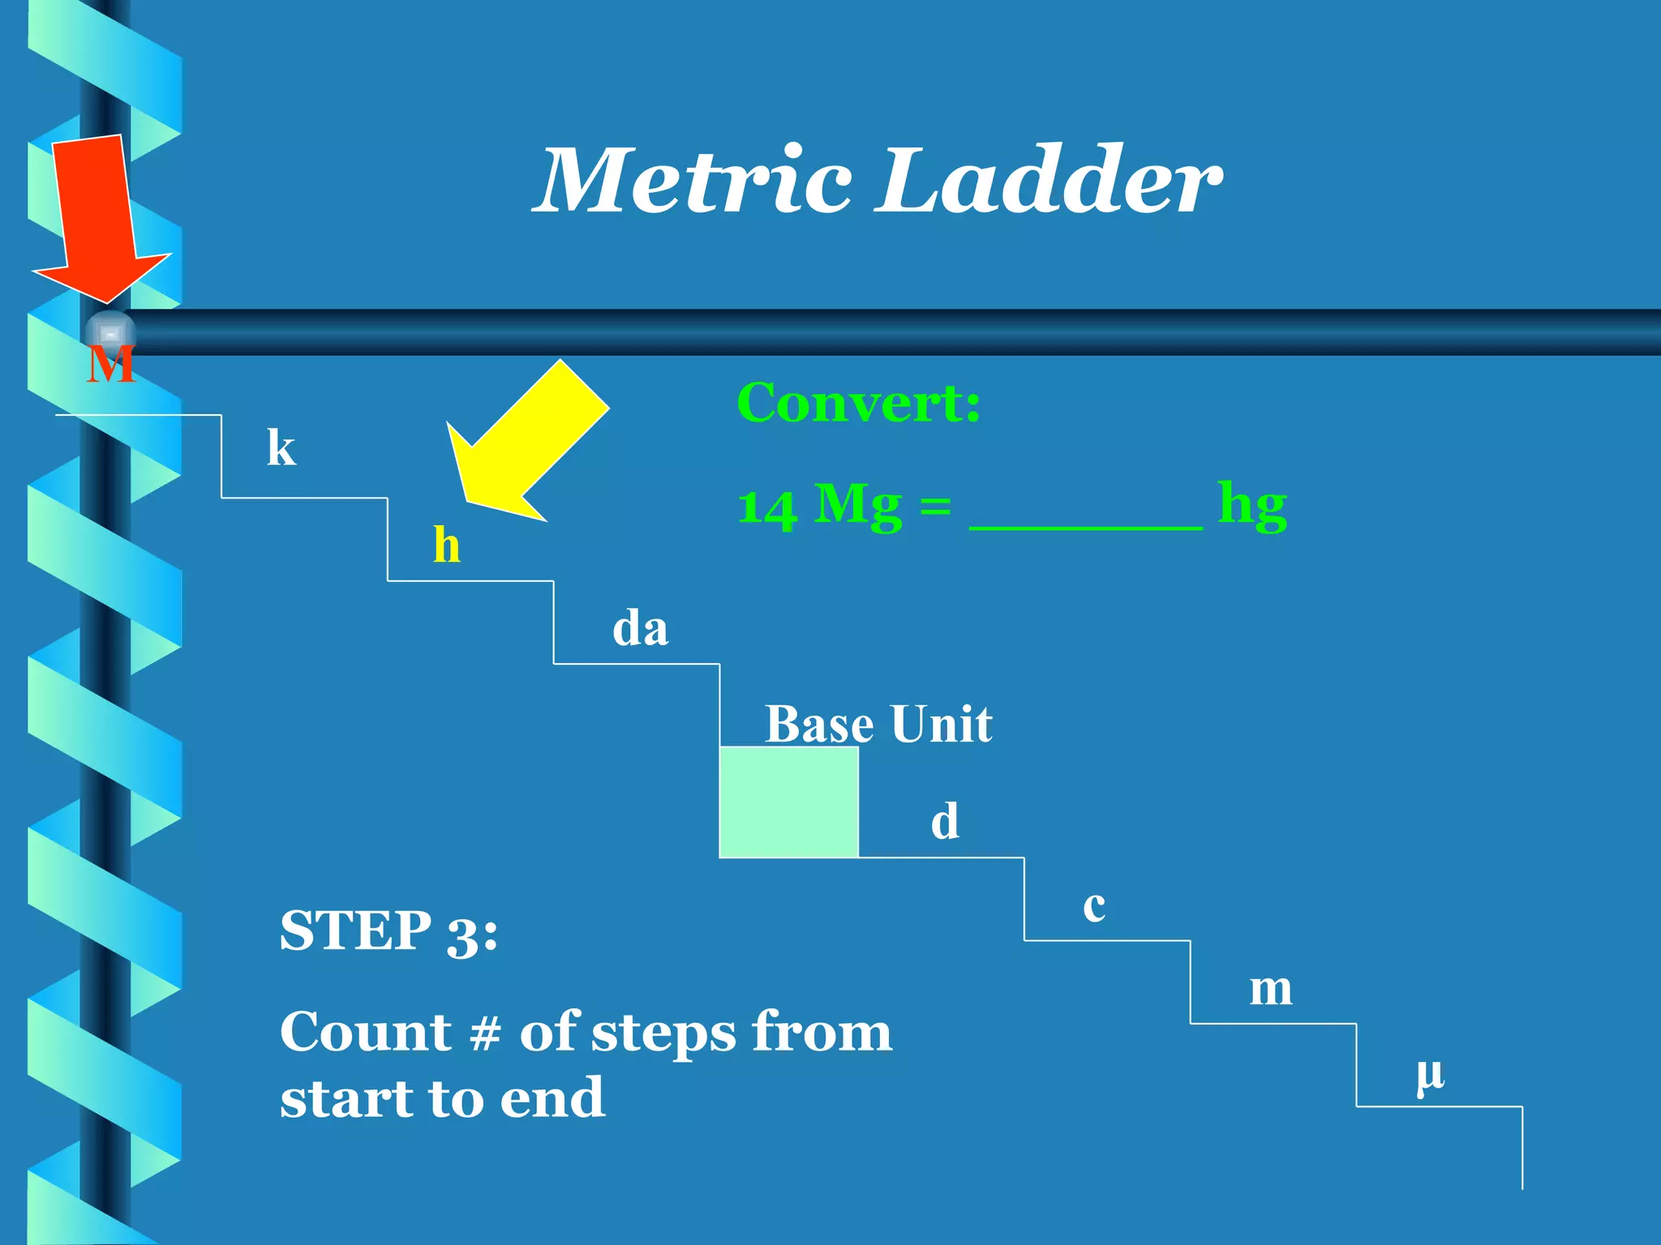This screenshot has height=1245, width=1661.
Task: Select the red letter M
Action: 110,366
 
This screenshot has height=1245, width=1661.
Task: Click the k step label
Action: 281,447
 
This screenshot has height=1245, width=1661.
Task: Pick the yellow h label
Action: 447,545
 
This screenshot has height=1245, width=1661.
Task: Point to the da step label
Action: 640,628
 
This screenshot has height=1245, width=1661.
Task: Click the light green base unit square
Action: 788,802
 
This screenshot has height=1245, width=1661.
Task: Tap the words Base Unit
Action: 878,724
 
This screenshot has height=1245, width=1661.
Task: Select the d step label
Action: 945,821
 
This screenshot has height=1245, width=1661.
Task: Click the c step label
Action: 1094,906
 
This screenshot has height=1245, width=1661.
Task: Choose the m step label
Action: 1270,990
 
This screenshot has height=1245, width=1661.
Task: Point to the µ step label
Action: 1430,1075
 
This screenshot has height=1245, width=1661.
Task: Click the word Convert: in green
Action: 858,403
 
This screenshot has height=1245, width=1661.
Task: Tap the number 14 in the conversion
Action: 766,508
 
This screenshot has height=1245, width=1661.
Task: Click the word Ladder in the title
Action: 1051,180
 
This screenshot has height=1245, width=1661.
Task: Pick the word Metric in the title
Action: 696,180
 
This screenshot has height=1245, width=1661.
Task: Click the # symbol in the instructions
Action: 485,1033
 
